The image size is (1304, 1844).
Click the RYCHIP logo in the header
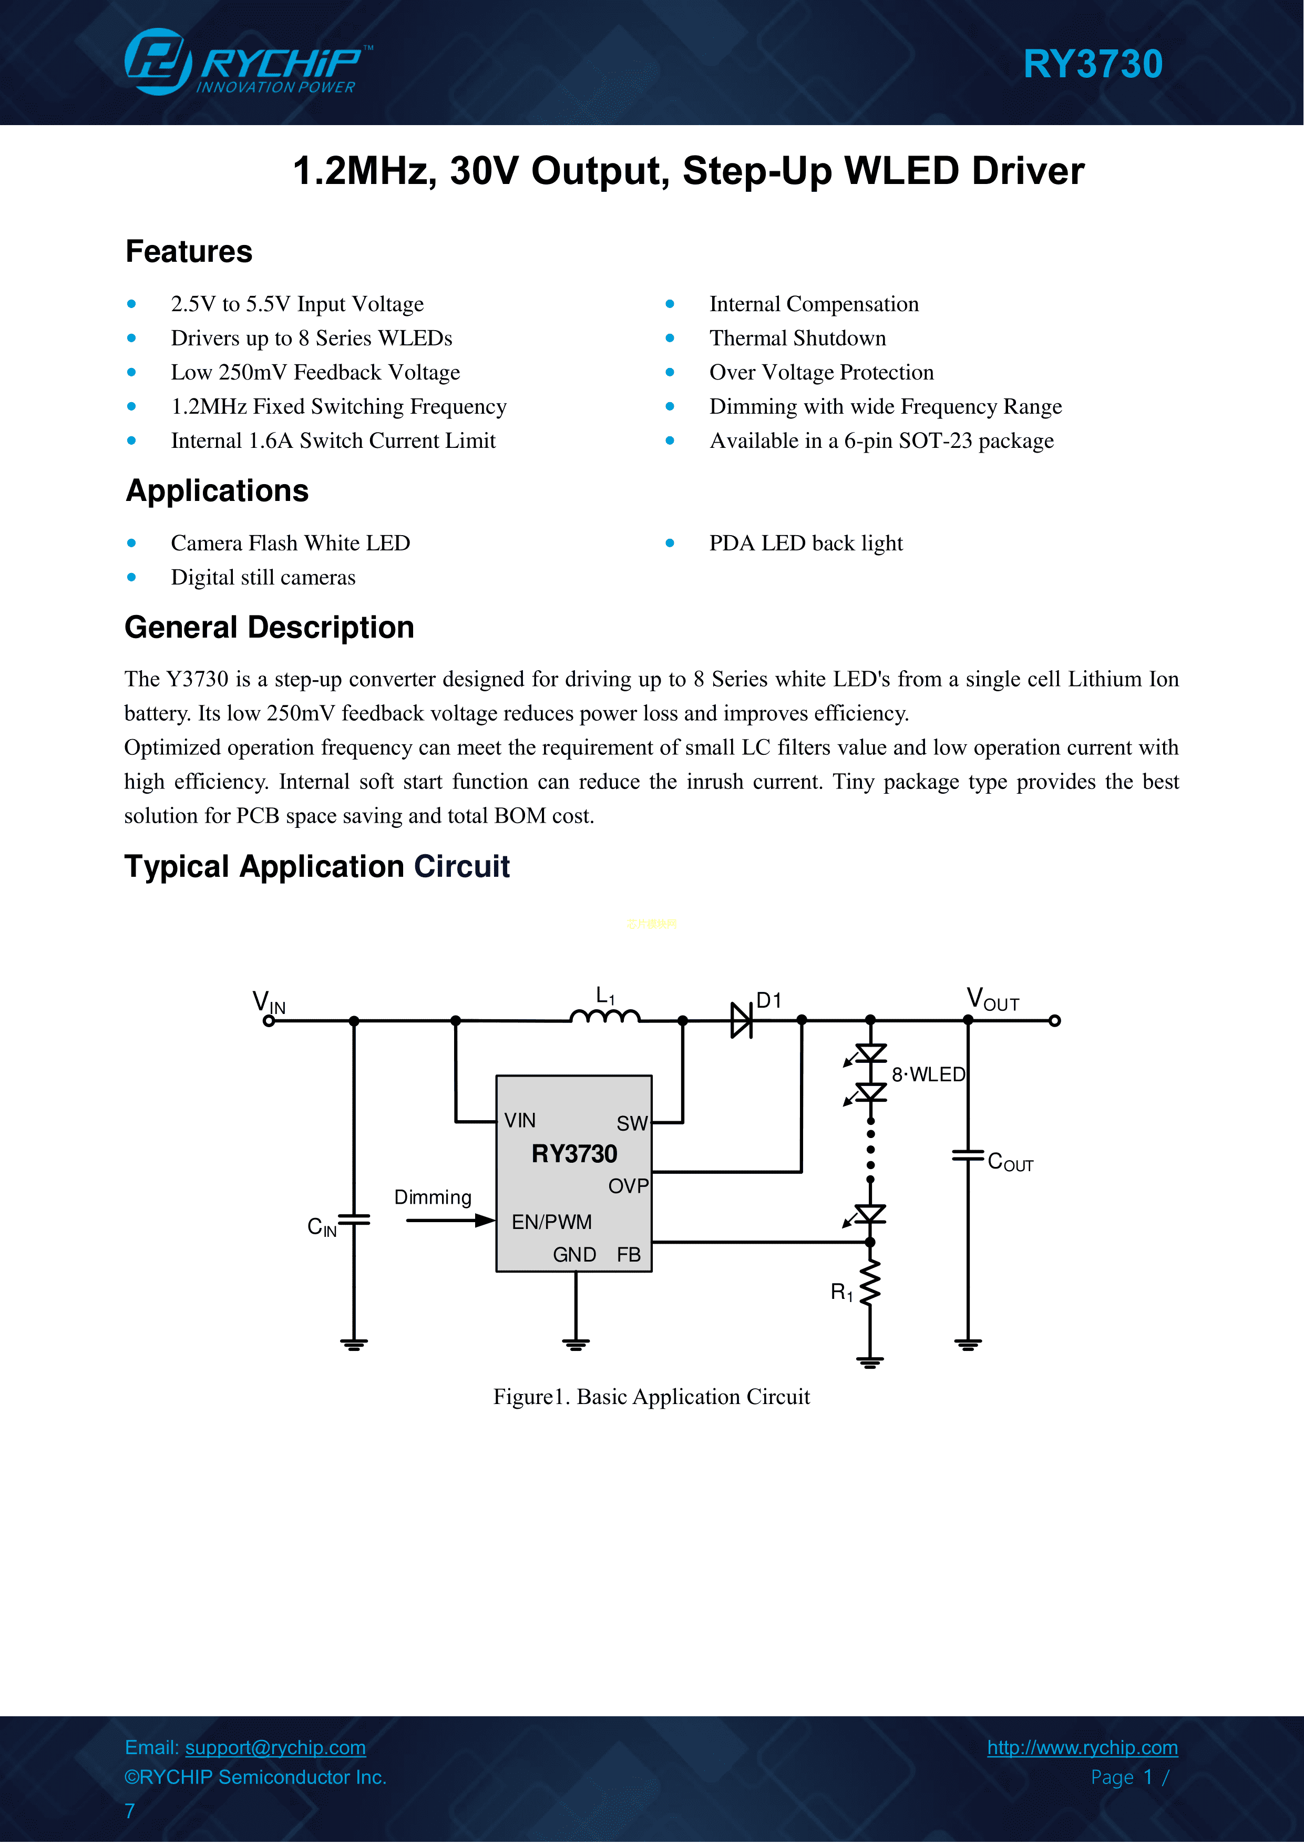[248, 63]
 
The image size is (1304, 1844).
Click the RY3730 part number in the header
[1092, 64]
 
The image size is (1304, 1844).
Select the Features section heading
[189, 251]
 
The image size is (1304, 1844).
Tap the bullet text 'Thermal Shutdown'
[797, 338]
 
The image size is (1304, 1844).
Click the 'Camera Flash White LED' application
[290, 544]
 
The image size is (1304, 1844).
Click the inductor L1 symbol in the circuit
[604, 1017]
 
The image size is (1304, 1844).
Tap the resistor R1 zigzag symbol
[870, 1282]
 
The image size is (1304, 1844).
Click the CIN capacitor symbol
[354, 1220]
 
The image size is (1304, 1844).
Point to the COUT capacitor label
[1009, 1162]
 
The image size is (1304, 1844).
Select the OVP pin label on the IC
[628, 1186]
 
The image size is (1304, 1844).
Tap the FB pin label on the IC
[629, 1255]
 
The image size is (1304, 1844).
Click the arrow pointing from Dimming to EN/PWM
[450, 1221]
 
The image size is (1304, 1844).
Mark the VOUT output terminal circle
[1054, 1021]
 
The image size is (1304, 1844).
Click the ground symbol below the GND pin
[575, 1344]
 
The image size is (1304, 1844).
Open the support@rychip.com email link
[275, 1748]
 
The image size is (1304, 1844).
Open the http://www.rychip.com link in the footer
[1082, 1748]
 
